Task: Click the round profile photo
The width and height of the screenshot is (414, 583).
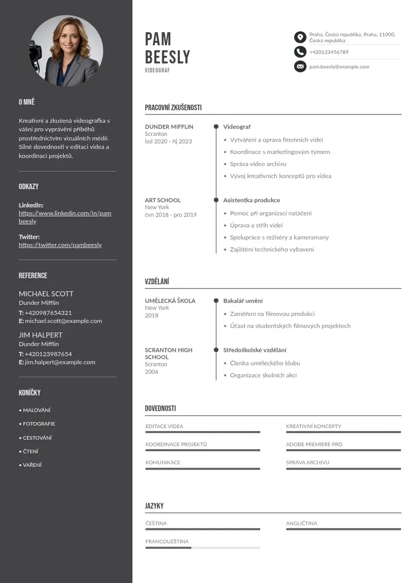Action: click(66, 51)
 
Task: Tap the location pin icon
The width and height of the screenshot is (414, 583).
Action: click(300, 37)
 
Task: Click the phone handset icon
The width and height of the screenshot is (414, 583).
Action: click(300, 52)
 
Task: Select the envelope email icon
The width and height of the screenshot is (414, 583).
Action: click(300, 66)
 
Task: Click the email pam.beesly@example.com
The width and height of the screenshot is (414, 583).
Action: click(339, 67)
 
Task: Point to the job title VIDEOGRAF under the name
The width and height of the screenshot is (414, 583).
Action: click(157, 70)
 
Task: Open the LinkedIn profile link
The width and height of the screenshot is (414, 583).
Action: click(65, 217)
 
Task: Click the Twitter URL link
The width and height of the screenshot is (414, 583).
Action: click(60, 245)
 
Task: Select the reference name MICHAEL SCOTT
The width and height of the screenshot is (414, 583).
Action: click(46, 294)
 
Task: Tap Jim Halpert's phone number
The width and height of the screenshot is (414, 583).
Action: click(48, 354)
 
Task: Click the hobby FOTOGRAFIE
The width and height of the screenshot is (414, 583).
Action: click(39, 424)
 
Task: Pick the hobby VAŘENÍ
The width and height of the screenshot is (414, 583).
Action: click(32, 465)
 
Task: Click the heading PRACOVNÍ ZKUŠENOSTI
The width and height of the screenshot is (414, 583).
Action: click(173, 108)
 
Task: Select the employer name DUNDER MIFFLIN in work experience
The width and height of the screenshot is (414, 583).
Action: click(169, 126)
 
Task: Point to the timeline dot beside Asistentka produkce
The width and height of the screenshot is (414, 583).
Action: click(216, 200)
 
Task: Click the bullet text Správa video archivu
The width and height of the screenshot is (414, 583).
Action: click(258, 164)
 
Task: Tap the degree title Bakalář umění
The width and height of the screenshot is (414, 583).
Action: click(243, 301)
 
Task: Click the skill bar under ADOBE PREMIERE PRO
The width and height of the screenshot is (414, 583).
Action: click(343, 450)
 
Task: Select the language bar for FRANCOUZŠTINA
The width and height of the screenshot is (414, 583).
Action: click(202, 548)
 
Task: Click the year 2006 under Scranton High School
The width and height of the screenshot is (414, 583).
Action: click(151, 372)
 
